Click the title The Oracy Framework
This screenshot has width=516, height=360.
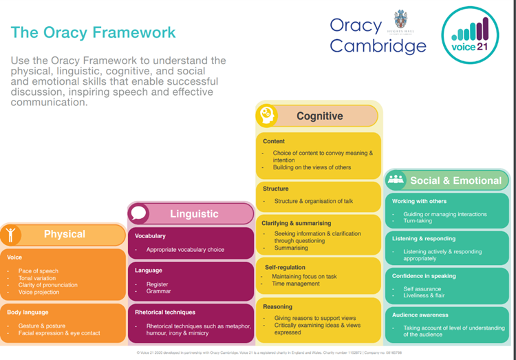(93, 32)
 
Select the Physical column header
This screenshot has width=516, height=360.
(65, 234)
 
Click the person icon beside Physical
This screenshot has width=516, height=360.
(10, 235)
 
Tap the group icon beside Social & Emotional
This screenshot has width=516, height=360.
(396, 180)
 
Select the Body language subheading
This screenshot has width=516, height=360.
(28, 313)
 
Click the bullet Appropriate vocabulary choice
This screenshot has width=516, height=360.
(185, 250)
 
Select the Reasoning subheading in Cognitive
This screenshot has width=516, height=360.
(277, 306)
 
